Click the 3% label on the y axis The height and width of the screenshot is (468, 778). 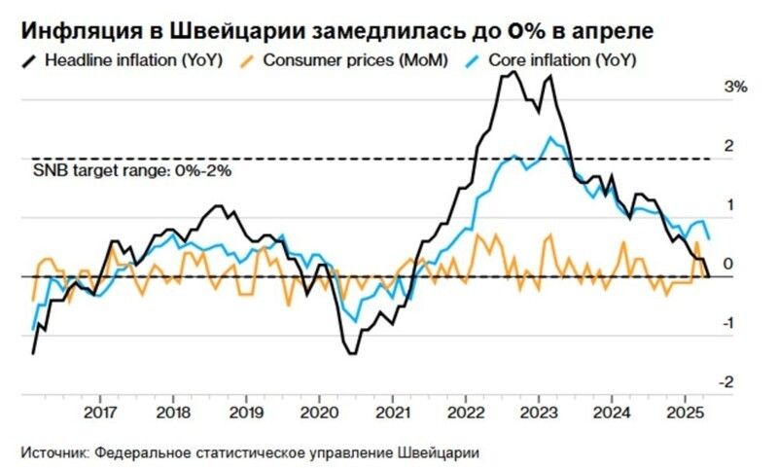(734, 88)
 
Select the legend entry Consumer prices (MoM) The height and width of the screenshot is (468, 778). (358, 60)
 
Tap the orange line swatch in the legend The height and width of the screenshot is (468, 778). (252, 60)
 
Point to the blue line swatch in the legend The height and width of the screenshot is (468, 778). (477, 60)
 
